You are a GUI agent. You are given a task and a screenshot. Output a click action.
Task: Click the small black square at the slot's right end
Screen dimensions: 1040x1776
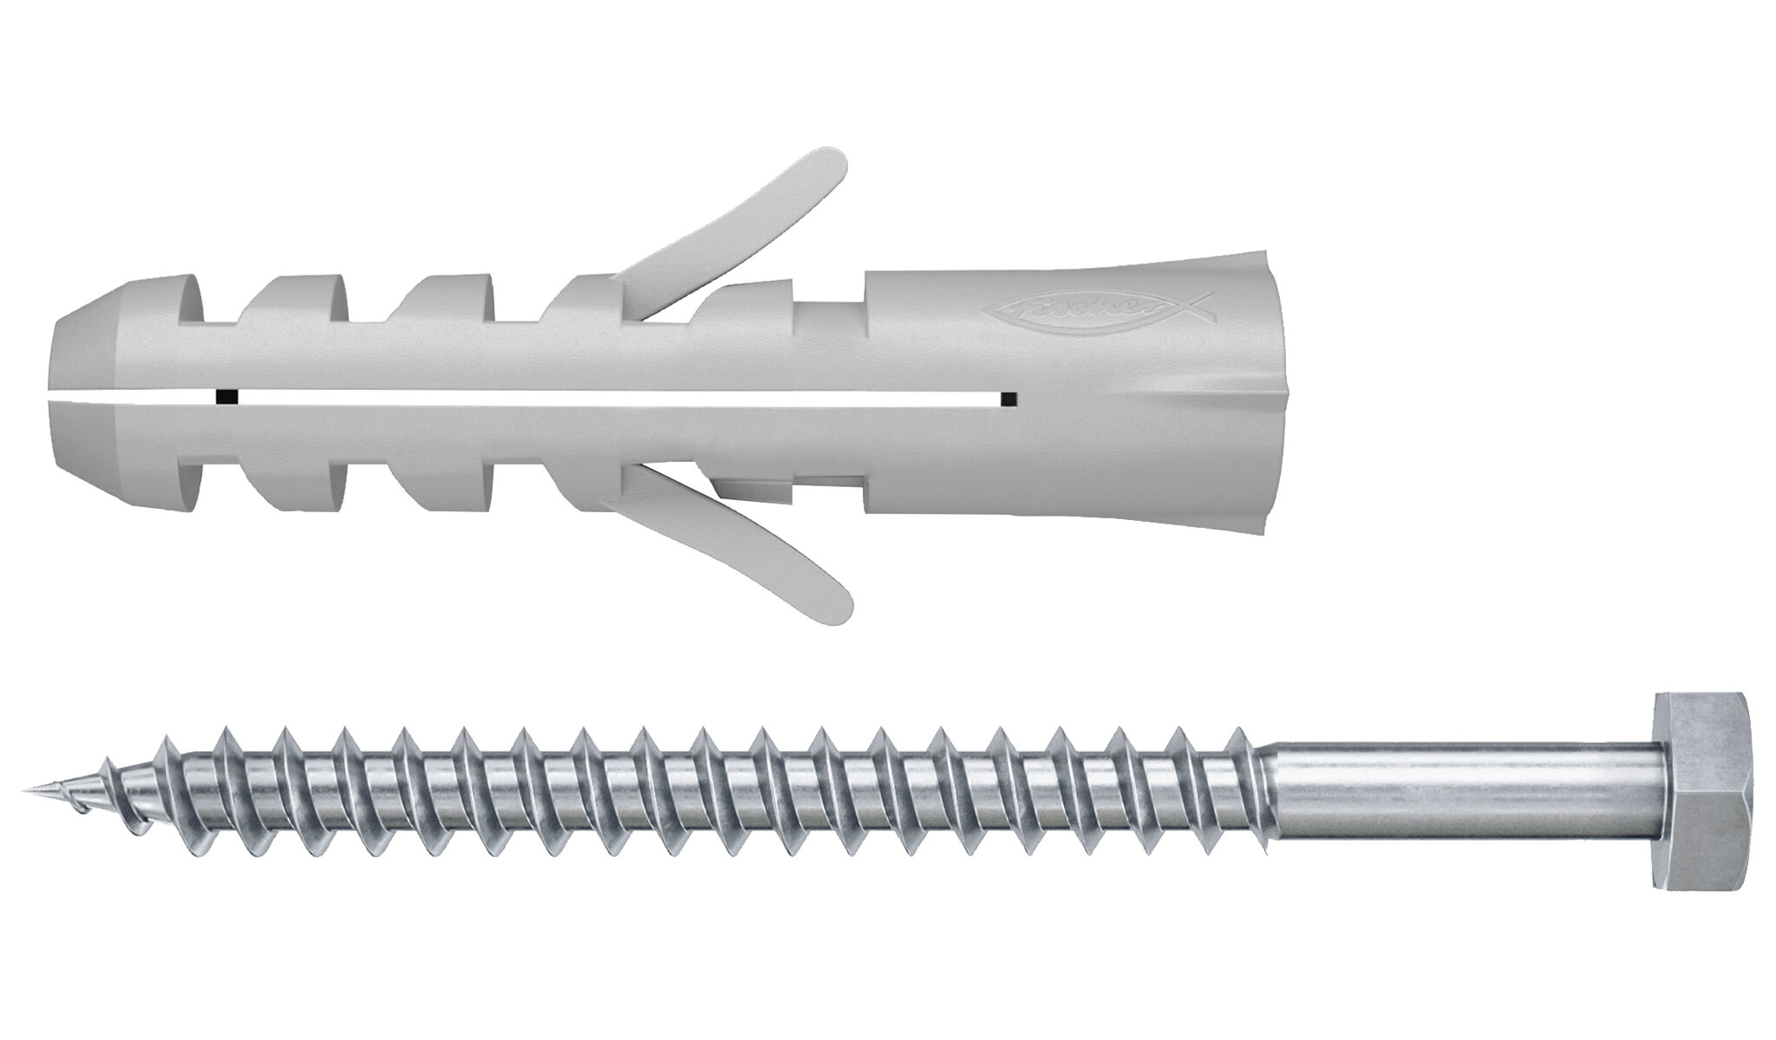tap(1009, 398)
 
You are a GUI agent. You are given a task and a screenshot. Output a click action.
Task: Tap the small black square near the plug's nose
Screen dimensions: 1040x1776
tap(226, 397)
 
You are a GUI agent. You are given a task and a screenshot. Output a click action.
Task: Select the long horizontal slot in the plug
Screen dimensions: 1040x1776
tap(607, 397)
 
